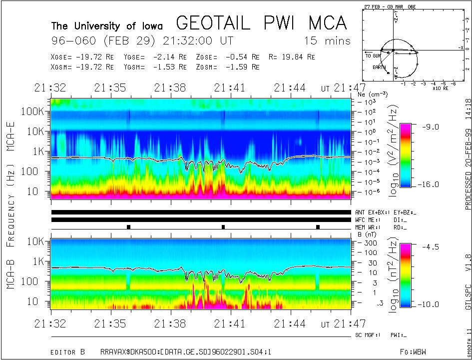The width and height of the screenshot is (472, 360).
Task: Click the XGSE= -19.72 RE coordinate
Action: click(x=82, y=57)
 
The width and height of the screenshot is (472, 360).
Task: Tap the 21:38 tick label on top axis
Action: click(x=171, y=88)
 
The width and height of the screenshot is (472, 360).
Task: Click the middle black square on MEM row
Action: click(x=223, y=227)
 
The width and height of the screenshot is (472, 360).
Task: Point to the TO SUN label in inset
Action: click(x=372, y=56)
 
